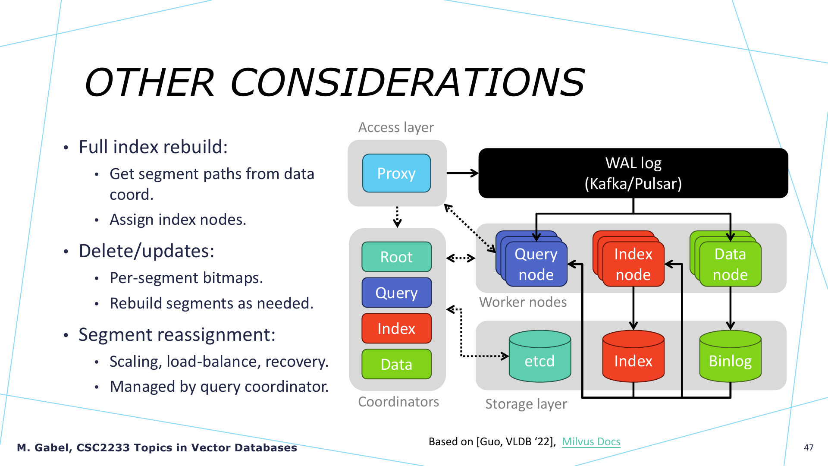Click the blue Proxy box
click(x=396, y=173)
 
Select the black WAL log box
click(x=633, y=173)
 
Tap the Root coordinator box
click(x=396, y=257)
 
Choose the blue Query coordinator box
click(x=396, y=293)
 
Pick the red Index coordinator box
click(x=396, y=328)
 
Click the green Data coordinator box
click(x=396, y=364)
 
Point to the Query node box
click(x=536, y=264)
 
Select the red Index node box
click(x=633, y=264)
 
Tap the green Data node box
click(x=730, y=264)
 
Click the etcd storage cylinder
click(x=540, y=356)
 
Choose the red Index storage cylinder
click(x=633, y=356)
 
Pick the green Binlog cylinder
click(x=730, y=356)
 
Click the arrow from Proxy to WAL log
click(x=463, y=173)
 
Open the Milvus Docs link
click(x=591, y=441)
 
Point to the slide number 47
click(x=809, y=447)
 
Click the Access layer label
click(x=396, y=127)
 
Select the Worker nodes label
click(x=523, y=302)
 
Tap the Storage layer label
click(x=526, y=404)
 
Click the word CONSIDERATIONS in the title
click(x=408, y=82)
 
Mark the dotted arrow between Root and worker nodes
click(x=461, y=258)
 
